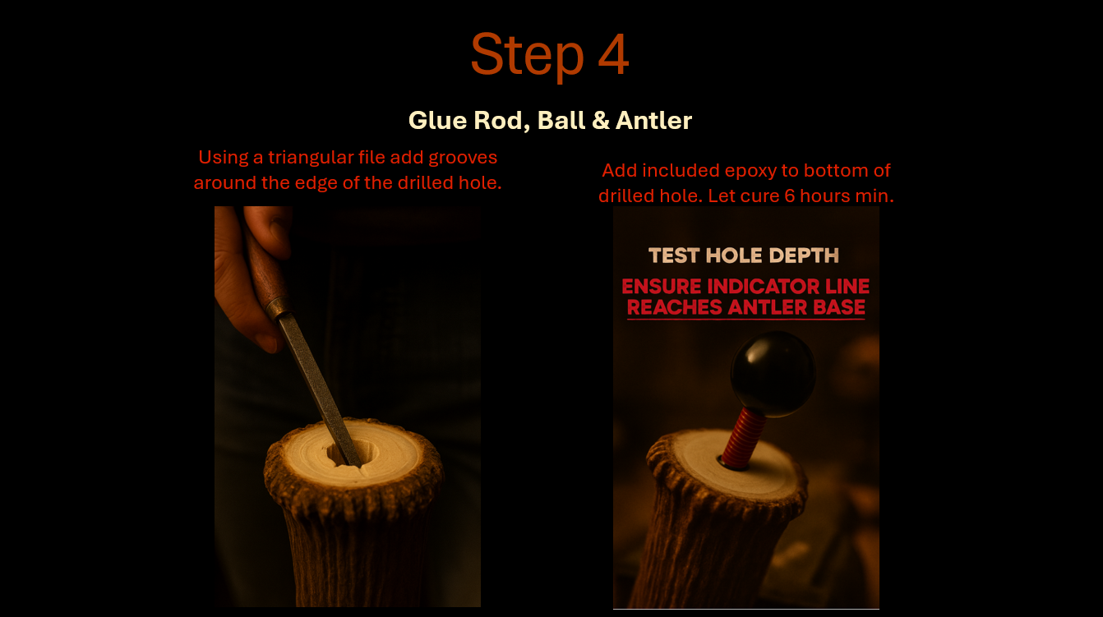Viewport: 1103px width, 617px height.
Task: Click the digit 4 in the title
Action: pyautogui.click(x=613, y=54)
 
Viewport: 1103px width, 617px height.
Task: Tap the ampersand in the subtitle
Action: pyautogui.click(x=601, y=121)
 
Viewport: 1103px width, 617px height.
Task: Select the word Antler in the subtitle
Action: pyautogui.click(x=654, y=121)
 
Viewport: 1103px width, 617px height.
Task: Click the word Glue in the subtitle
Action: pyautogui.click(x=437, y=121)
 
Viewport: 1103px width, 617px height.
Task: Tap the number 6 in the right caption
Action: pyautogui.click(x=790, y=196)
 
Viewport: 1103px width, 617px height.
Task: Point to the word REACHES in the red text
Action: pyautogui.click(x=674, y=307)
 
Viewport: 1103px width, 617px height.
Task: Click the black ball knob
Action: pyautogui.click(x=773, y=374)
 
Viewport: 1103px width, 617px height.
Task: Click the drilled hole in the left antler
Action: pyautogui.click(x=353, y=453)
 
